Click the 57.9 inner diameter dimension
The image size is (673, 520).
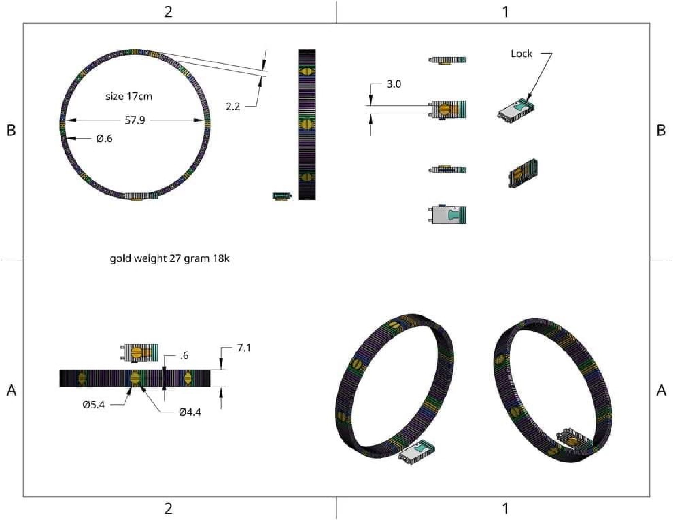(135, 120)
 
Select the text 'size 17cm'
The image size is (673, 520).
(129, 96)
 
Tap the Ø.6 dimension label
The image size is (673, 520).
(104, 139)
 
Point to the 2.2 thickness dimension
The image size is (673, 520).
(233, 106)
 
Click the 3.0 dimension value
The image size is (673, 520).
(394, 84)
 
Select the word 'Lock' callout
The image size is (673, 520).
(521, 54)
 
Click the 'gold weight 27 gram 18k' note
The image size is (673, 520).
(170, 258)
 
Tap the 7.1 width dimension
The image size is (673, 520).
(244, 348)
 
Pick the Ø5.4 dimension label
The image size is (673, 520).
(94, 405)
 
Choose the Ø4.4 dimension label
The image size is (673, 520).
(190, 412)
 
